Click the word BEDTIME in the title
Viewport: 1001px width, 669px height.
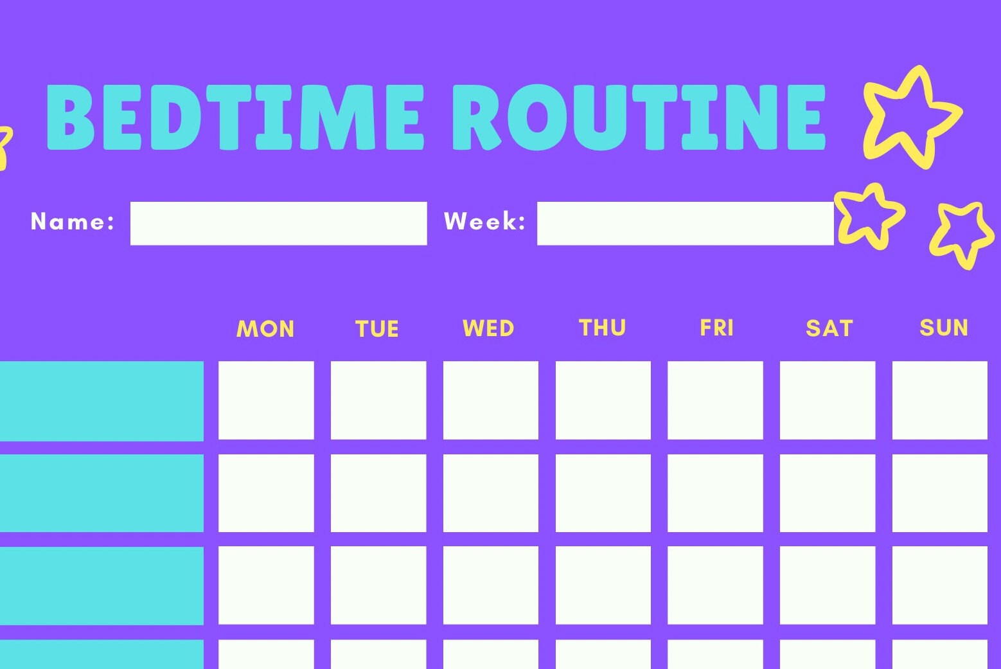pos(235,118)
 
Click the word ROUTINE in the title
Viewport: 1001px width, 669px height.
pos(639,118)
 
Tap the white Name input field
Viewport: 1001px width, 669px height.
pos(278,223)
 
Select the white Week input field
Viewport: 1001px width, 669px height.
pos(685,223)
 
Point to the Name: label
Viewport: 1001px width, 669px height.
pos(73,222)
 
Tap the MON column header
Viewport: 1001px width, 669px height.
pos(265,329)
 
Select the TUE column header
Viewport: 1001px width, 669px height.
pos(377,329)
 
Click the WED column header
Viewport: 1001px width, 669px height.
pos(488,328)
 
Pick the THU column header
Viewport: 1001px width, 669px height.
pos(602,328)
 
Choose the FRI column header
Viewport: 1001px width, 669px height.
pos(716,328)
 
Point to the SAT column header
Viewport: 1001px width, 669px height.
pos(829,328)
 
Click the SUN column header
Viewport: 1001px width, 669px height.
pos(943,328)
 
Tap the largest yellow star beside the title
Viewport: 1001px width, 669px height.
pos(911,117)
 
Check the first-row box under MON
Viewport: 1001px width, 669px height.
pos(266,400)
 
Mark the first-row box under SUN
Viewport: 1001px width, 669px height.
pos(939,400)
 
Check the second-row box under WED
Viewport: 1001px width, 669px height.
pos(490,493)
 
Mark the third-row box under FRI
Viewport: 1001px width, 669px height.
pos(715,585)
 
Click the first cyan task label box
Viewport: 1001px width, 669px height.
pos(102,401)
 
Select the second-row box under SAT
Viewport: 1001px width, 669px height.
pos(828,493)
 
